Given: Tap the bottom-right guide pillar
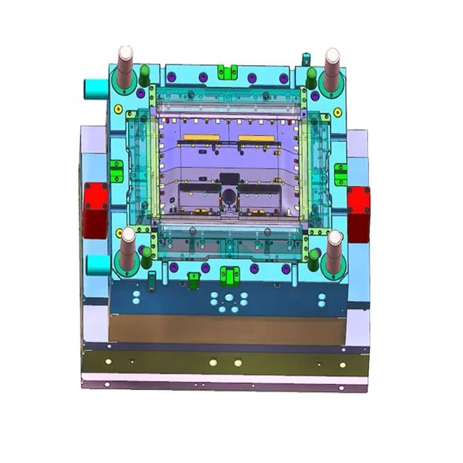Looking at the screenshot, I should pyautogui.click(x=334, y=252).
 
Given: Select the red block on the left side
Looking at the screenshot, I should pyautogui.click(x=95, y=210).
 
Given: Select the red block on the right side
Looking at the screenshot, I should pyautogui.click(x=359, y=213).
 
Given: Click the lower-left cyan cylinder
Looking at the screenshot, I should pyautogui.click(x=97, y=265).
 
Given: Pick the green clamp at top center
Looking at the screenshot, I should pyautogui.click(x=229, y=72).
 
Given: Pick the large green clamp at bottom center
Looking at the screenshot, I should pyautogui.click(x=230, y=275).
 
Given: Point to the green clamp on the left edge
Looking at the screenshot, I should pyautogui.click(x=116, y=171).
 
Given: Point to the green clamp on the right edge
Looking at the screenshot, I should pyautogui.click(x=341, y=174).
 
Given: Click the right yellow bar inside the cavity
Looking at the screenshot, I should pyautogui.click(x=256, y=137).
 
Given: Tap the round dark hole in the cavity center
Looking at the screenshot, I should pyautogui.click(x=229, y=195).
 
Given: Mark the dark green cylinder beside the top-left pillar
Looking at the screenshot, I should pyautogui.click(x=145, y=73).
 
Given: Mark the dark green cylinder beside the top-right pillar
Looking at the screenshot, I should pyautogui.click(x=311, y=76).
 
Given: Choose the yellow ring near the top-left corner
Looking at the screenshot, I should pyautogui.click(x=119, y=109).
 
